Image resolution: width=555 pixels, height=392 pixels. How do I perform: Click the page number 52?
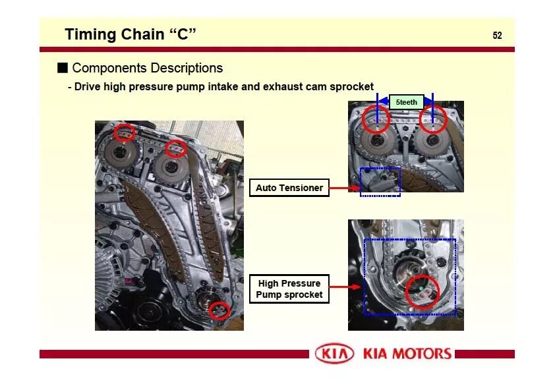pos(497,36)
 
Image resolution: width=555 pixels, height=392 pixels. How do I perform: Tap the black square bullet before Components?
pos(63,68)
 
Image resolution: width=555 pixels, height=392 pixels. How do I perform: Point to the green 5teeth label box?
pos(406,102)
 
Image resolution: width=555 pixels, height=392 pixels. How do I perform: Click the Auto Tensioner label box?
pos(289,188)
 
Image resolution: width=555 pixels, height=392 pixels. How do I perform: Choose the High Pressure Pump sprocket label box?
pos(289,289)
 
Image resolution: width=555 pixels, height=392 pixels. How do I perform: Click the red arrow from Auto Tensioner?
pos(344,188)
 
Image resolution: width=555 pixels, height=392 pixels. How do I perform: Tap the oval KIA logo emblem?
pos(334,354)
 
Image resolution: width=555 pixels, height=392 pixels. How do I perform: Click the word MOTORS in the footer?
pos(421,354)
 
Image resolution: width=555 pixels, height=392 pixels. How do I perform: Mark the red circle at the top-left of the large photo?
pos(124,133)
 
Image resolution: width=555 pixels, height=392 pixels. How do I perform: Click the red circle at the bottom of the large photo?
pos(219,310)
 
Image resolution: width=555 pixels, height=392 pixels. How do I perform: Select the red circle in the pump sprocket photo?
pos(422,291)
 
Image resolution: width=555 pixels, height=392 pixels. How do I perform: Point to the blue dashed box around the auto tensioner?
pos(380,182)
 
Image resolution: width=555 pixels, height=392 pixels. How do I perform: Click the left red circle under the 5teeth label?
pos(376,119)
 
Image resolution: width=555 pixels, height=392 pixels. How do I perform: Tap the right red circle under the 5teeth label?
pos(433,119)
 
